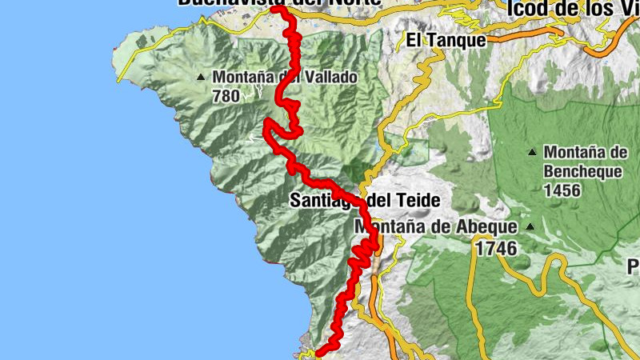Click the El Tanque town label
446,40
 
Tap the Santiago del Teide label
366,200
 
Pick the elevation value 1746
495,249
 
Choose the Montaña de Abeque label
435,227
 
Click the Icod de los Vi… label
573,8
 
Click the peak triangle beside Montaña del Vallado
201,78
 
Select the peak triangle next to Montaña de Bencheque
531,152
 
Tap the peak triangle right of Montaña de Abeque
530,227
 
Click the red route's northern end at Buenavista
274,9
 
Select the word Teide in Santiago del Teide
418,200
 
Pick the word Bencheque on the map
585,170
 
